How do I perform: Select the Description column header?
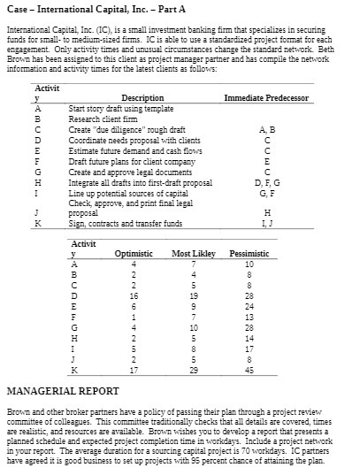[x=142, y=96]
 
